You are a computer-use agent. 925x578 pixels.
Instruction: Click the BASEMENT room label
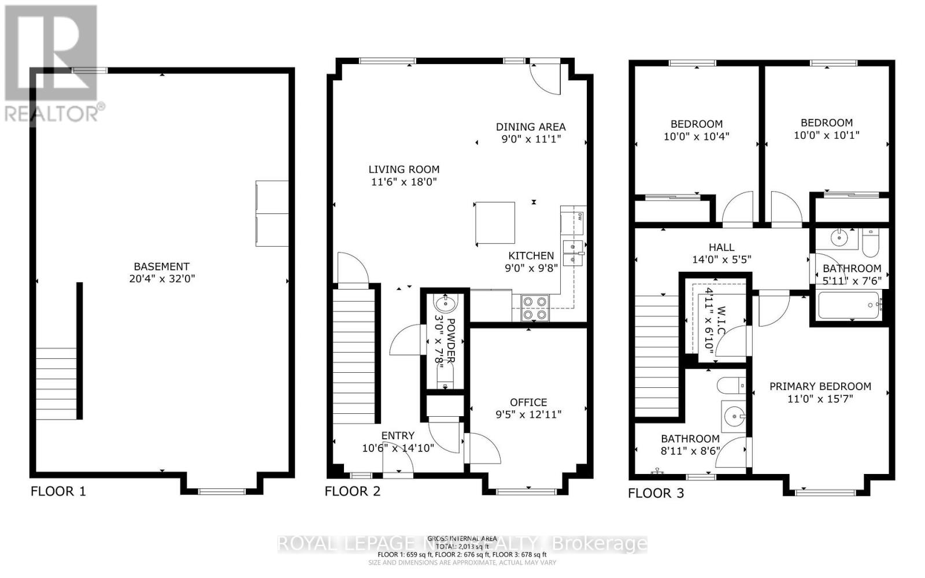coord(161,266)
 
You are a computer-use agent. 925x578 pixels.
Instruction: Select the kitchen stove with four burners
coord(535,308)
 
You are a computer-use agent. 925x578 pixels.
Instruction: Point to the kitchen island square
coord(495,223)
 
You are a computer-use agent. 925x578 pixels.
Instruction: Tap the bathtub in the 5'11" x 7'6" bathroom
coord(849,305)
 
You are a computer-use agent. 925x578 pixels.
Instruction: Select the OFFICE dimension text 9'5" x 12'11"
coord(528,414)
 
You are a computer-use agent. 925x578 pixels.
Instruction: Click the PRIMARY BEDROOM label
coord(820,386)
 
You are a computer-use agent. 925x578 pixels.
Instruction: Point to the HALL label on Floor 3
coord(721,247)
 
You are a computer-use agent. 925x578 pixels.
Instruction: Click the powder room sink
coord(445,303)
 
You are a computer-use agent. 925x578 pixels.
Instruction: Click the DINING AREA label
coord(531,127)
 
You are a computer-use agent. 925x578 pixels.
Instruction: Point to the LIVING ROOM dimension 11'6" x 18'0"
coord(404,182)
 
